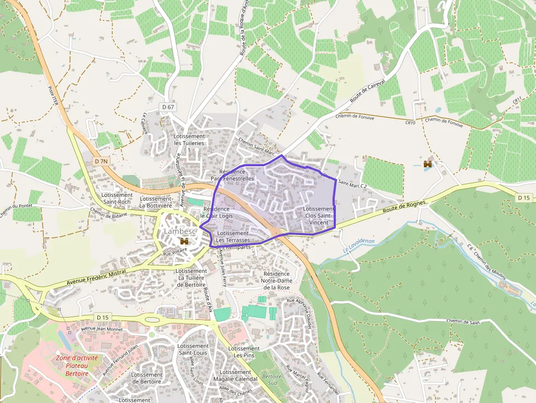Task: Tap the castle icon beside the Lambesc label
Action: click(185, 241)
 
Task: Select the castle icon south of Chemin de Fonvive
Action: click(428, 164)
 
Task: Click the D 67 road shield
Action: click(168, 107)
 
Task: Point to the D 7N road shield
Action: click(100, 161)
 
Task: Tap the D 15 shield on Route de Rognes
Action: click(523, 197)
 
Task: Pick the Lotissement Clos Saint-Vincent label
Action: click(318, 215)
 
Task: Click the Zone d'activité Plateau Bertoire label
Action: click(77, 365)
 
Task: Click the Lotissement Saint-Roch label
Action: click(117, 198)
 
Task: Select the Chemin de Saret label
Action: click(463, 322)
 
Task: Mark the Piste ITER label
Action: click(53, 96)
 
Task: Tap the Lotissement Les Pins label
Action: click(243, 352)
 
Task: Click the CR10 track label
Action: click(410, 123)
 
